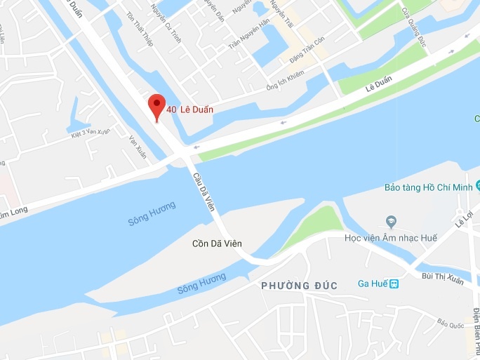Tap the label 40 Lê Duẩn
pos(189,109)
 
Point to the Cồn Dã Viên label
pos(218,244)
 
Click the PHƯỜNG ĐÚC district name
pos(299,286)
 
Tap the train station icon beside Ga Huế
pos(394,284)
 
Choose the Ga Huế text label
pos(373,284)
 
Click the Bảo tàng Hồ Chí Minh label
pos(430,187)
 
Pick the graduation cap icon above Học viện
pos(392,222)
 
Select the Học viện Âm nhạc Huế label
pos(390,239)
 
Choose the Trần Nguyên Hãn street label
pos(249,34)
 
